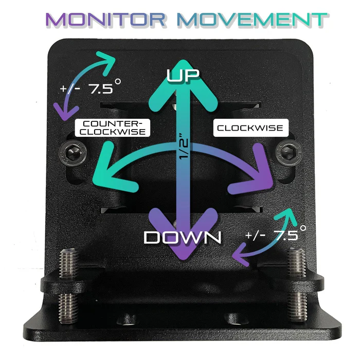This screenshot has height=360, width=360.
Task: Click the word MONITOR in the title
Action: tap(105, 20)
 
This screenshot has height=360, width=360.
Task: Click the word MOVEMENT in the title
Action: tap(253, 20)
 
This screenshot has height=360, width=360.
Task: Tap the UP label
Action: tap(183, 75)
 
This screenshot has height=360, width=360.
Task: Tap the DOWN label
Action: tap(183, 237)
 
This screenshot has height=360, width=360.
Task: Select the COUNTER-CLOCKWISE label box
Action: tap(113, 128)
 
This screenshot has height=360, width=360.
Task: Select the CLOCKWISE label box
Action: tap(251, 128)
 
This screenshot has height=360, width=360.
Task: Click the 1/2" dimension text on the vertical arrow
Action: tap(184, 147)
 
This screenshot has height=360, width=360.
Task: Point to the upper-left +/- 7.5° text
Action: tap(90, 87)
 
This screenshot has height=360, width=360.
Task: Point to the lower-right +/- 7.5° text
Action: tap(276, 233)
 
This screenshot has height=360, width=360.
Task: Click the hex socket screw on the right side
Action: tap(290, 152)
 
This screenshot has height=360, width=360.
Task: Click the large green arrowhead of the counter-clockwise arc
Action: tap(110, 170)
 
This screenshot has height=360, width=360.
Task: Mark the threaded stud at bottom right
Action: tap(296, 285)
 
